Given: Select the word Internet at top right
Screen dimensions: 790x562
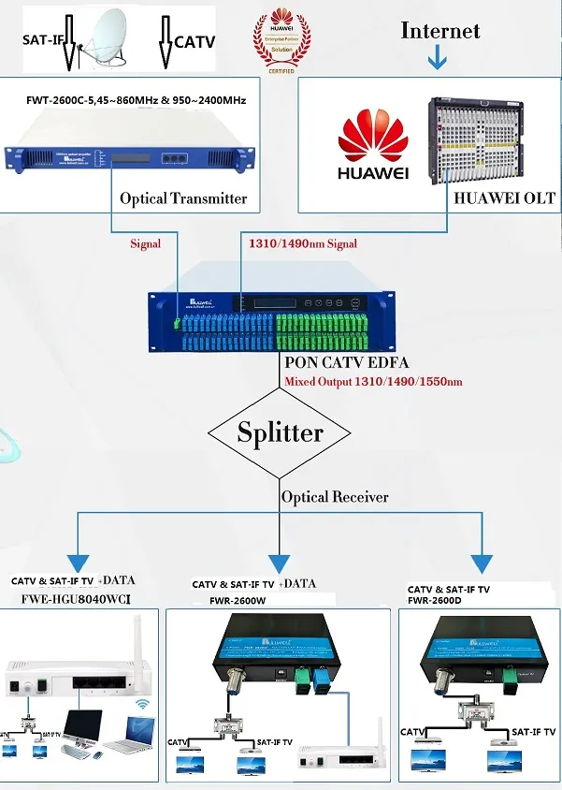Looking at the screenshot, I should [440, 30].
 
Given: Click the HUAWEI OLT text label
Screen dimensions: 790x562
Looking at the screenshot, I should [504, 197].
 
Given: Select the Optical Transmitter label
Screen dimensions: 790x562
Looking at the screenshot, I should [183, 198].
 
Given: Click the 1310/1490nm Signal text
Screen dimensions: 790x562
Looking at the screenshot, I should [302, 243].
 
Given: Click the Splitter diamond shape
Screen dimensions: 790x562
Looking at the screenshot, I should [280, 432].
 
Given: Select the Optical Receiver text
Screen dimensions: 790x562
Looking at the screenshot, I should [335, 497].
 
